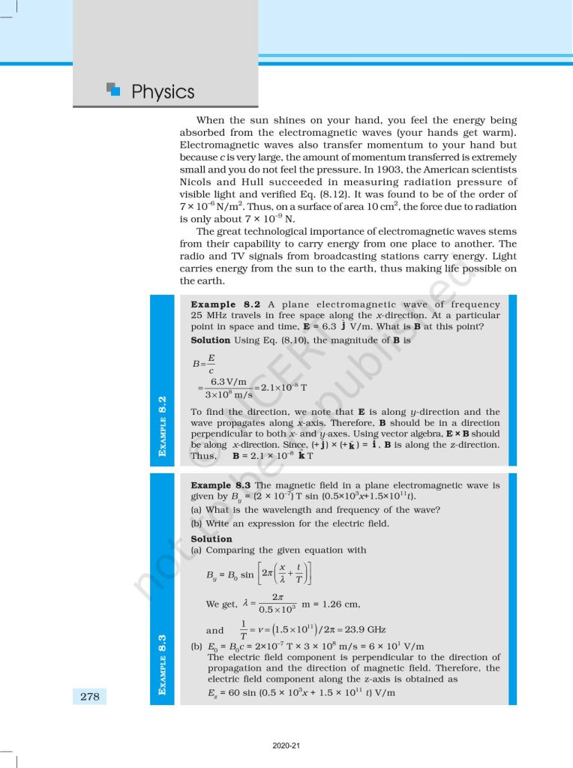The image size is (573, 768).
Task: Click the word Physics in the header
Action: pyautogui.click(x=162, y=92)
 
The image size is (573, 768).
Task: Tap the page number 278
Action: pyautogui.click(x=89, y=697)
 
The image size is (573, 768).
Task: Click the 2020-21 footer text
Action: pyautogui.click(x=286, y=745)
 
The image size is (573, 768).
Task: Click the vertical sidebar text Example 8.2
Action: pyautogui.click(x=163, y=425)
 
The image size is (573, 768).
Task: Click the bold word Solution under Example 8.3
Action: pyautogui.click(x=211, y=538)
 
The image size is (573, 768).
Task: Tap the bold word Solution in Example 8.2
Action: pyautogui.click(x=211, y=340)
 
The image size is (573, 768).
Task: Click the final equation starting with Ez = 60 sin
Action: pyautogui.click(x=301, y=693)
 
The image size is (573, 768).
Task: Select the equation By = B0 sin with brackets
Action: pyautogui.click(x=259, y=575)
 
